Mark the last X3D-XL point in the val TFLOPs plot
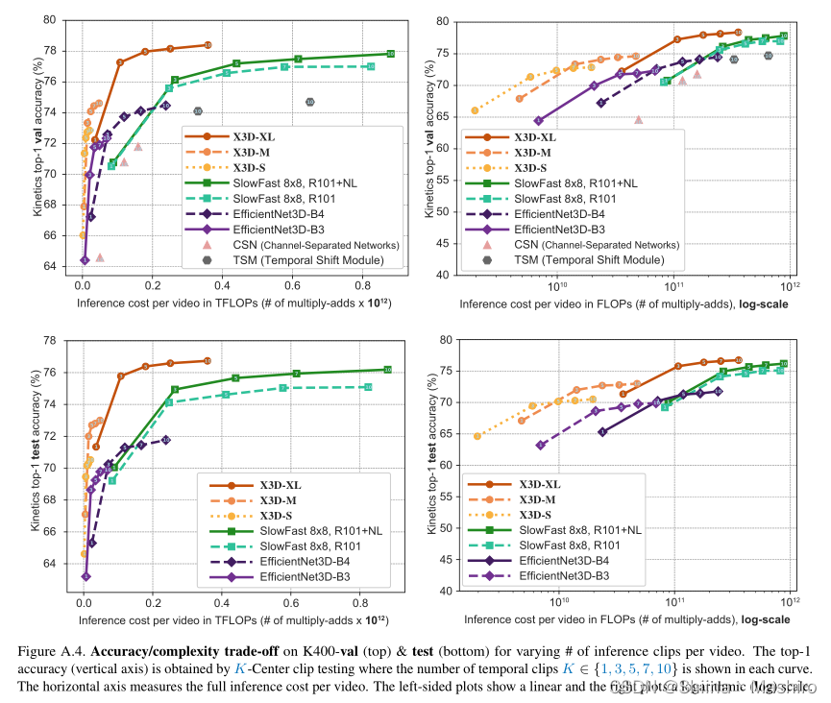(208, 45)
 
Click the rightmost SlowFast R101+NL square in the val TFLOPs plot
(390, 54)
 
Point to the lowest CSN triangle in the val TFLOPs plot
(100, 257)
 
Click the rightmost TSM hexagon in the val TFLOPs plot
(309, 102)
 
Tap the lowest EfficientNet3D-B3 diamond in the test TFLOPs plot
(86, 576)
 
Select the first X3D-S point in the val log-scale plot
(476, 110)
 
